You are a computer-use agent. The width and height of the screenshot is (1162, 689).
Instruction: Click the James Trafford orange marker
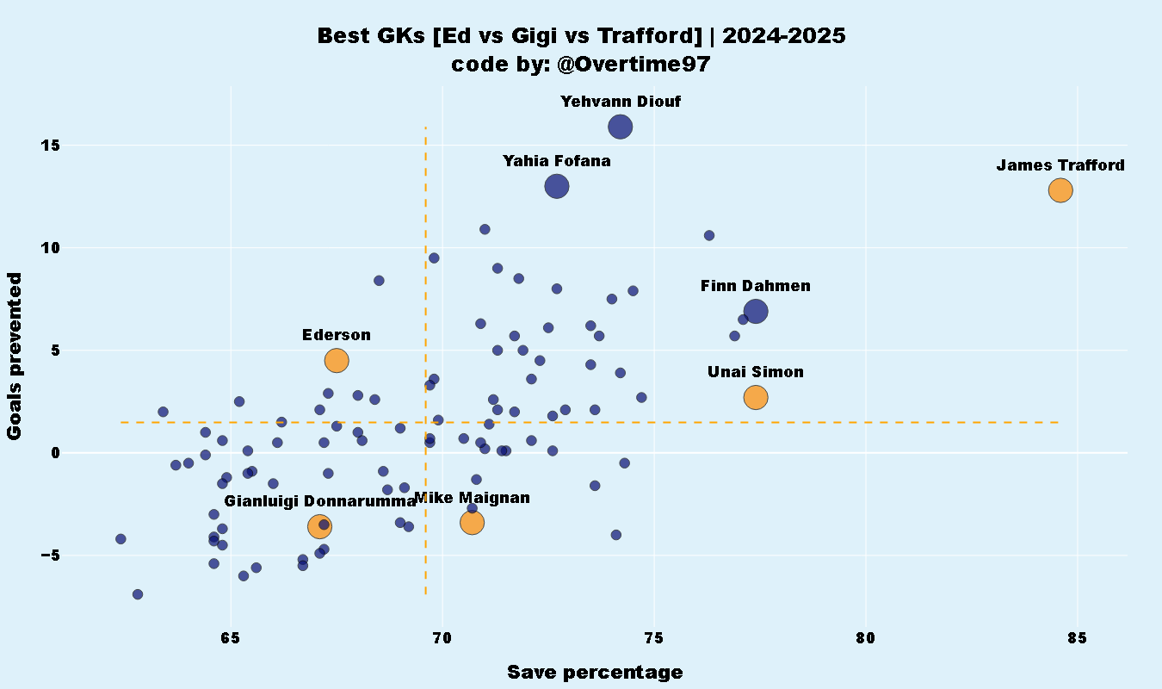[1060, 190]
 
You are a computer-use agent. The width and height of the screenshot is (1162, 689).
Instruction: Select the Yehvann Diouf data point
[621, 127]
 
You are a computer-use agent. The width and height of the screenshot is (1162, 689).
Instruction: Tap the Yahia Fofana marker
[557, 185]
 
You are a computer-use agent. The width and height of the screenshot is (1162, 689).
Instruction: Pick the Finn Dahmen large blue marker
[756, 312]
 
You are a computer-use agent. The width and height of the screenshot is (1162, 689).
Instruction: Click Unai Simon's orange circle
[756, 397]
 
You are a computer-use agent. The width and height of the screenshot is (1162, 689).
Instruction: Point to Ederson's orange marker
[337, 360]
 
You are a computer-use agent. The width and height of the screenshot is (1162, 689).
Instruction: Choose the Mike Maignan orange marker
[472, 522]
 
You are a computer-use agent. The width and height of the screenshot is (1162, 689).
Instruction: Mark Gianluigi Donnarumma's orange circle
[320, 526]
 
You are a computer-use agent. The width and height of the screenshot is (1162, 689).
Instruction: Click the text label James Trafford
[1060, 165]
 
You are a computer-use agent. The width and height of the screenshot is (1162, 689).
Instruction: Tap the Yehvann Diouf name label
[621, 102]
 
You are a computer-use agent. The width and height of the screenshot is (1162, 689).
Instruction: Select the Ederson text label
[337, 335]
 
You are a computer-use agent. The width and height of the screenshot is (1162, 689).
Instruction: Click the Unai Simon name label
[756, 372]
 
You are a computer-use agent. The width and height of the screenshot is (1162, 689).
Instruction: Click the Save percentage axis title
[595, 673]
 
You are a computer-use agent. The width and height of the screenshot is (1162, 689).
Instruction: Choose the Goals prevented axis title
[15, 356]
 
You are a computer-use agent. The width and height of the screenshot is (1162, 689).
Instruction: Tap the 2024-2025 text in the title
[784, 36]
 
